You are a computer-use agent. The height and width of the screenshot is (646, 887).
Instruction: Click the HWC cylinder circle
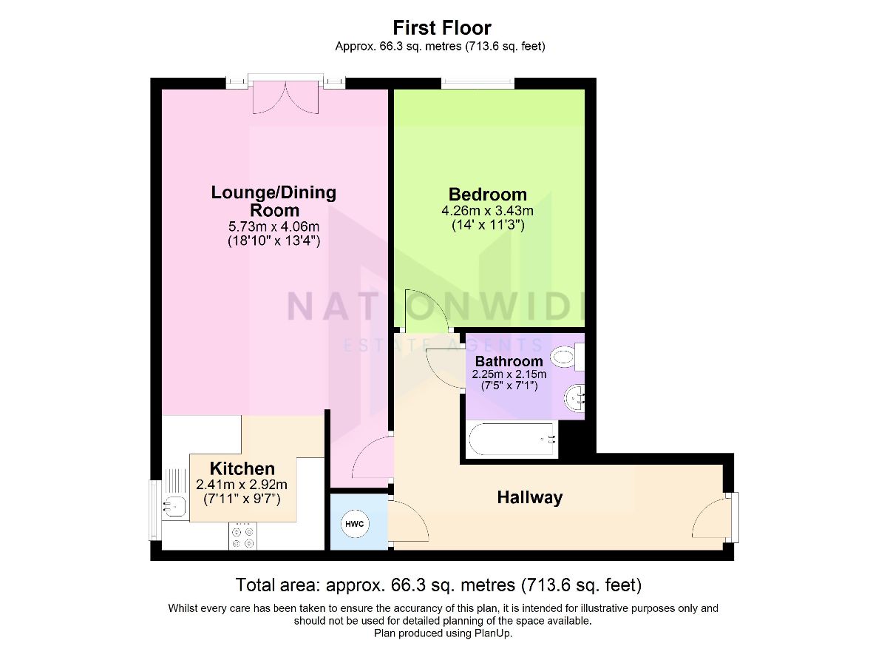coord(355,524)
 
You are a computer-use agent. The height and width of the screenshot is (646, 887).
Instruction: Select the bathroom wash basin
coord(575,398)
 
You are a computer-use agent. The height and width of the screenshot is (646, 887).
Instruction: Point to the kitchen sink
coord(174,506)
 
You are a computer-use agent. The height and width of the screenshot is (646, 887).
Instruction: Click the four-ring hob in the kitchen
coord(242,536)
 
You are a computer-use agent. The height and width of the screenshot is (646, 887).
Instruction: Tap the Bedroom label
coord(487,195)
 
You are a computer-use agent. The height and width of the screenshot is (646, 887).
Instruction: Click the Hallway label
coord(529,497)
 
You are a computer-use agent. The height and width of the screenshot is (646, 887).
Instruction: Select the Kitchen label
coord(242,468)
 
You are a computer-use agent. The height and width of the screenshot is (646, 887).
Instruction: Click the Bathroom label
coord(509,361)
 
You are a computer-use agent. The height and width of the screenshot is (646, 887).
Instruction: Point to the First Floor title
coord(442,27)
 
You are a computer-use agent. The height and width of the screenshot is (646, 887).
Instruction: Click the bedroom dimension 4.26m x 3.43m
coord(487,211)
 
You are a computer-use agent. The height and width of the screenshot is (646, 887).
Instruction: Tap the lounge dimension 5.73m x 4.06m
coord(273,226)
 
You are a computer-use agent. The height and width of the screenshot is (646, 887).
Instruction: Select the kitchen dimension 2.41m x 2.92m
coord(242,484)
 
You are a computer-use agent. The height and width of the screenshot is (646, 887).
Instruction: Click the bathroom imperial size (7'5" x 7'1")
coord(509,386)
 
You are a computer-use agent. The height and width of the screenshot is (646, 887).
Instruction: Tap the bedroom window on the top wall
coord(478,84)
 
